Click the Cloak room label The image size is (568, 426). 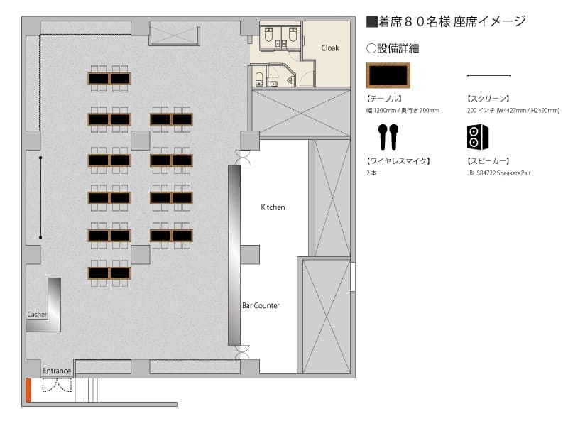(330, 48)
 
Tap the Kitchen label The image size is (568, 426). (273, 207)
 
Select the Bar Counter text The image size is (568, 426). (261, 306)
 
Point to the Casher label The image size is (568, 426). (37, 315)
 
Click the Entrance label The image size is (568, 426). (57, 371)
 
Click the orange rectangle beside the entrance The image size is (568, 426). (28, 390)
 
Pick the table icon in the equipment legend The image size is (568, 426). (388, 75)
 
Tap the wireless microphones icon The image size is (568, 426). (388, 136)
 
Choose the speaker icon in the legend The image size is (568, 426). (477, 137)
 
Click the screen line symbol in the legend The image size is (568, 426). (489, 75)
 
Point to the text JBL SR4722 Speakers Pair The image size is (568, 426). (498, 173)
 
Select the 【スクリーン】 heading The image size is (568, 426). (488, 99)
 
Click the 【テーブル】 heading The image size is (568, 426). (384, 99)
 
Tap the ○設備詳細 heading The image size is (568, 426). (393, 48)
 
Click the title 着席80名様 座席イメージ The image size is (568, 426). (446, 22)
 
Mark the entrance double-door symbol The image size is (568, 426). (58, 385)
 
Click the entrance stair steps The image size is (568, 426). (88, 390)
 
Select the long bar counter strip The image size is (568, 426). (234, 255)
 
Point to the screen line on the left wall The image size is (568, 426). (40, 197)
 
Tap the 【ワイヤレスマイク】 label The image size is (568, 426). (398, 161)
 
